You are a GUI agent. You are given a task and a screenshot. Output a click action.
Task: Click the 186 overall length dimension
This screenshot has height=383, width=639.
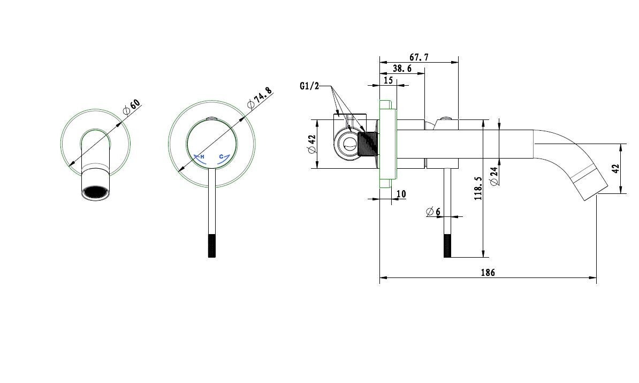pyautogui.click(x=487, y=273)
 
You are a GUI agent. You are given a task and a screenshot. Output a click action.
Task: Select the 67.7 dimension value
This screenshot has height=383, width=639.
pyautogui.click(x=419, y=57)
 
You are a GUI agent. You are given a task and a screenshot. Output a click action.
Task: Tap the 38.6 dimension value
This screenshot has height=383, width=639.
pyautogui.click(x=402, y=69)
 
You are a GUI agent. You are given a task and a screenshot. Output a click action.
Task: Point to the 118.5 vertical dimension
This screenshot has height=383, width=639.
pyautogui.click(x=478, y=189)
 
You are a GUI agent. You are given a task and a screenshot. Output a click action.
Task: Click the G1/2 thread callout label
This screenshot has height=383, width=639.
pyautogui.click(x=309, y=86)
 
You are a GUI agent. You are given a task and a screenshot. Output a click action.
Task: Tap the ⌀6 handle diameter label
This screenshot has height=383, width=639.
pyautogui.click(x=433, y=212)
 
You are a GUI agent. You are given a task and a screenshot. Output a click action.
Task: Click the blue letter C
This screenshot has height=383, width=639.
pyautogui.click(x=221, y=157)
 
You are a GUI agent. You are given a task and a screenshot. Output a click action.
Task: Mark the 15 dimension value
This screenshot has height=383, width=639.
pyautogui.click(x=388, y=80)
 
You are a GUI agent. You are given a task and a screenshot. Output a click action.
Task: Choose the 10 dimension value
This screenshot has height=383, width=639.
pyautogui.click(x=401, y=194)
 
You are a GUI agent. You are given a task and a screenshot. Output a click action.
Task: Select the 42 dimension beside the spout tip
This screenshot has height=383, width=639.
pyautogui.click(x=615, y=168)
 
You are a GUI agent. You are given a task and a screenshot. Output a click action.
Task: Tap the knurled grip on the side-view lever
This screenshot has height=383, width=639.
pyautogui.click(x=447, y=246)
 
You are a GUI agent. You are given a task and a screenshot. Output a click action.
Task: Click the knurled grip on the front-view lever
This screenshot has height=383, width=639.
pyautogui.click(x=211, y=246)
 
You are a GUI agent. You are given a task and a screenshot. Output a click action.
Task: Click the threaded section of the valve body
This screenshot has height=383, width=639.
pyautogui.click(x=369, y=143)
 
